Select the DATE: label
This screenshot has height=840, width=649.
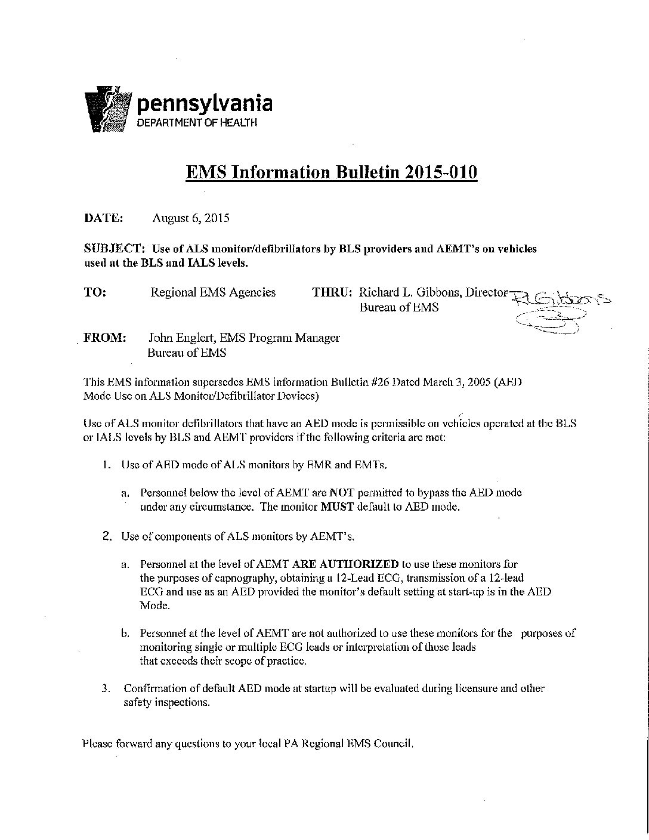(x=103, y=218)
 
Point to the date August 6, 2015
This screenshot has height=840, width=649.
(x=190, y=218)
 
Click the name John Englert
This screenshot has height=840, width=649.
(x=181, y=338)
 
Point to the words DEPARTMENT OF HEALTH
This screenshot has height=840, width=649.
(x=197, y=122)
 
